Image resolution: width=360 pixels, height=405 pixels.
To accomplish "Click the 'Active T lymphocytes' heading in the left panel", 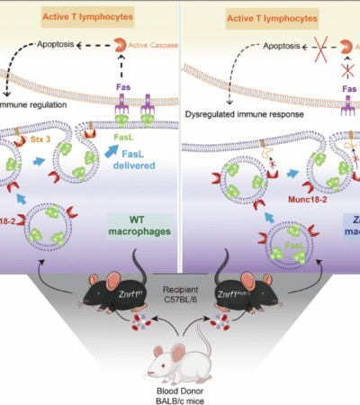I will pyautogui.click(x=86, y=15).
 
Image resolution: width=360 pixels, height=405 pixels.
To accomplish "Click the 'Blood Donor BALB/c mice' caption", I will pyautogui.click(x=179, y=386).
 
